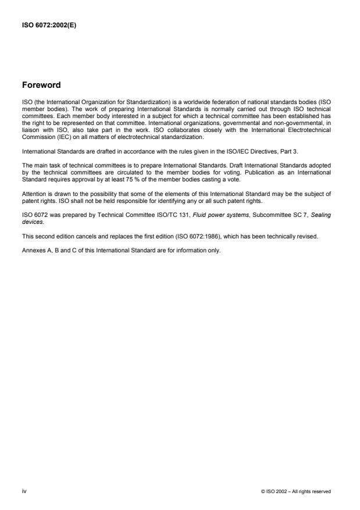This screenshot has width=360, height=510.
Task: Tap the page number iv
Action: [x=24, y=491]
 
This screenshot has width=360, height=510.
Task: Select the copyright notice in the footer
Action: [x=297, y=492]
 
